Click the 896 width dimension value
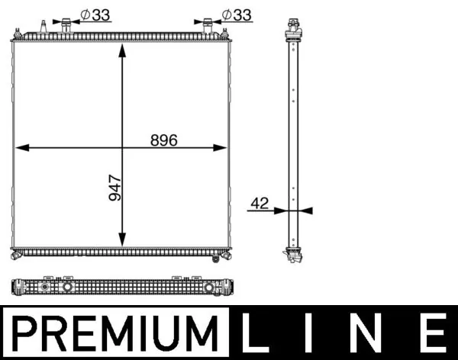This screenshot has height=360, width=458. point(163,140)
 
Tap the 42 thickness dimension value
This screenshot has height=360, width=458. point(260,203)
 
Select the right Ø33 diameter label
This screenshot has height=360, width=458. point(237,14)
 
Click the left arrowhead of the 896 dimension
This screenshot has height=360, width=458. point(21,148)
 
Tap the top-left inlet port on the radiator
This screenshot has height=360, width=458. point(66,26)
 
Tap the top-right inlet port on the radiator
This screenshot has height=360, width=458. point(208,26)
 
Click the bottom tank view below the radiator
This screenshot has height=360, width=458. point(122,288)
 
